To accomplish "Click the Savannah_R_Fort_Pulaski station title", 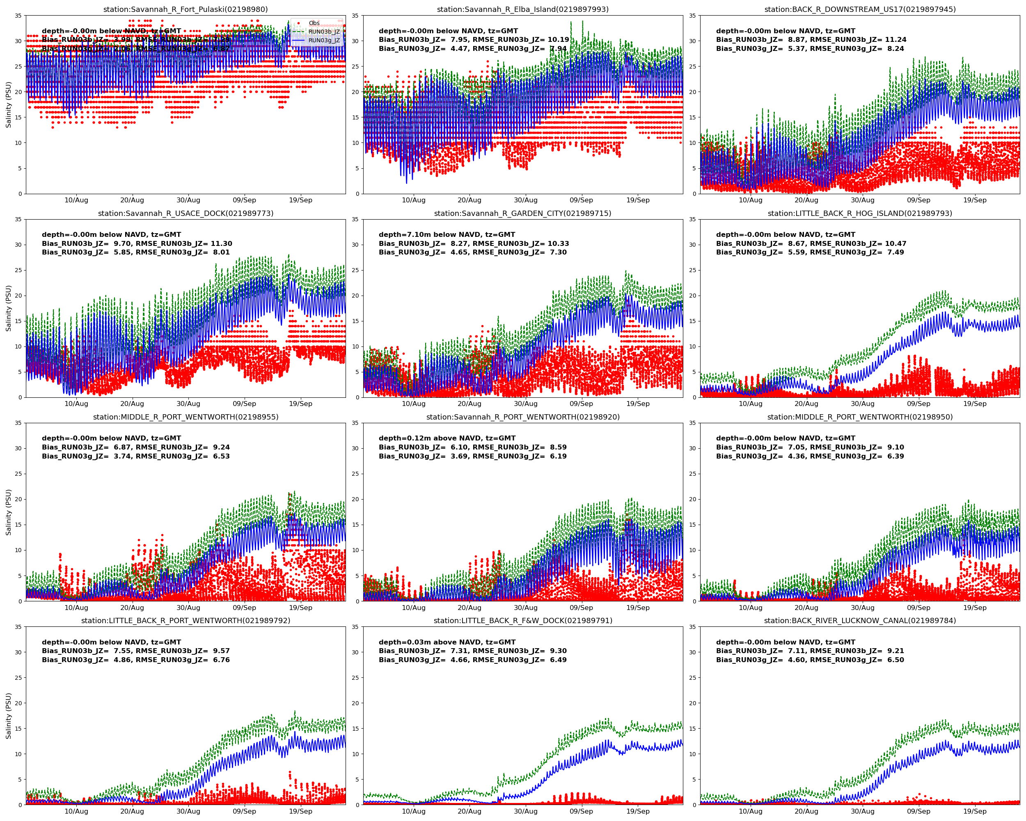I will coord(186,9).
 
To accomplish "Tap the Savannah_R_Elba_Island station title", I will coord(522,9).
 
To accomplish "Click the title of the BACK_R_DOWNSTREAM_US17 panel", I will coord(860,9).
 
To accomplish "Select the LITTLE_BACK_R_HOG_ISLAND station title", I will coord(860,213).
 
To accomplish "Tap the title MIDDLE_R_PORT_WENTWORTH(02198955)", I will coord(186,417).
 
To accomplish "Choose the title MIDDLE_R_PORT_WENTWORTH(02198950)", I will coord(860,417).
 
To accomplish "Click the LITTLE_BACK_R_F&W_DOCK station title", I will coord(522,621).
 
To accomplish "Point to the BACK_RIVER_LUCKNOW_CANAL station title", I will coord(860,621).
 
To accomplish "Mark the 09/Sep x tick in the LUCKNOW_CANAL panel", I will coord(918,812).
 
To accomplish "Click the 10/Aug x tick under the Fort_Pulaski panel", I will coord(76,200).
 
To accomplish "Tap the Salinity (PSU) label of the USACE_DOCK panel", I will coord(8,308).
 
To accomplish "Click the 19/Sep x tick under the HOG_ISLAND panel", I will coord(975,404).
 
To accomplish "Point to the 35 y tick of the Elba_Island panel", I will coord(355,16).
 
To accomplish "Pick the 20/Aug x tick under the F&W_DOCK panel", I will coord(469,812).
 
